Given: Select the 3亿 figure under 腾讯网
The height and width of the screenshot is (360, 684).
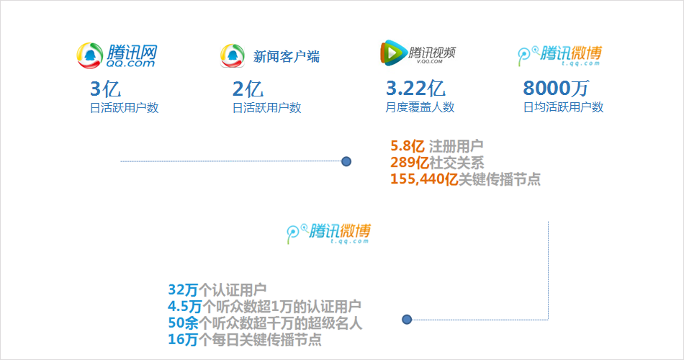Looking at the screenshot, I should [104, 89].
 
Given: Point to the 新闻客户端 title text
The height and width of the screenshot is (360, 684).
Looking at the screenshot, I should [287, 57].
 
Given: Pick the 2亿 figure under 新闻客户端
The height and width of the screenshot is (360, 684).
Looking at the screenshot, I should [248, 89].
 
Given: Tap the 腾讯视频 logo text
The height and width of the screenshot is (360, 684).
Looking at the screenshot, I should [433, 53].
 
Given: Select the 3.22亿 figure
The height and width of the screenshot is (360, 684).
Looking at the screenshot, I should [415, 89].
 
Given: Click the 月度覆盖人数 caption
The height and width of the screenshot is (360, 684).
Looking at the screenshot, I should [420, 107].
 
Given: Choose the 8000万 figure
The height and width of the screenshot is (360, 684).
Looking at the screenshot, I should [555, 89].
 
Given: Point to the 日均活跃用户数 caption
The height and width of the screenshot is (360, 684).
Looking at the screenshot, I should [563, 107].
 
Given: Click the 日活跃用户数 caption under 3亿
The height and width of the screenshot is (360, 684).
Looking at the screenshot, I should [124, 108].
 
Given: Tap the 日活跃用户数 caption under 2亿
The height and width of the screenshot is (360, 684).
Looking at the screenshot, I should [266, 108].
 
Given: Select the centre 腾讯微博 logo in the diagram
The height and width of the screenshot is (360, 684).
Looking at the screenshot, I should [330, 232].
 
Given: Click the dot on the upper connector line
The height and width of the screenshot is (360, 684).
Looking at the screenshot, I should [346, 162].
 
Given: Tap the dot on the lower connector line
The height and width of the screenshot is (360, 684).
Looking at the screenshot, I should [407, 319].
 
